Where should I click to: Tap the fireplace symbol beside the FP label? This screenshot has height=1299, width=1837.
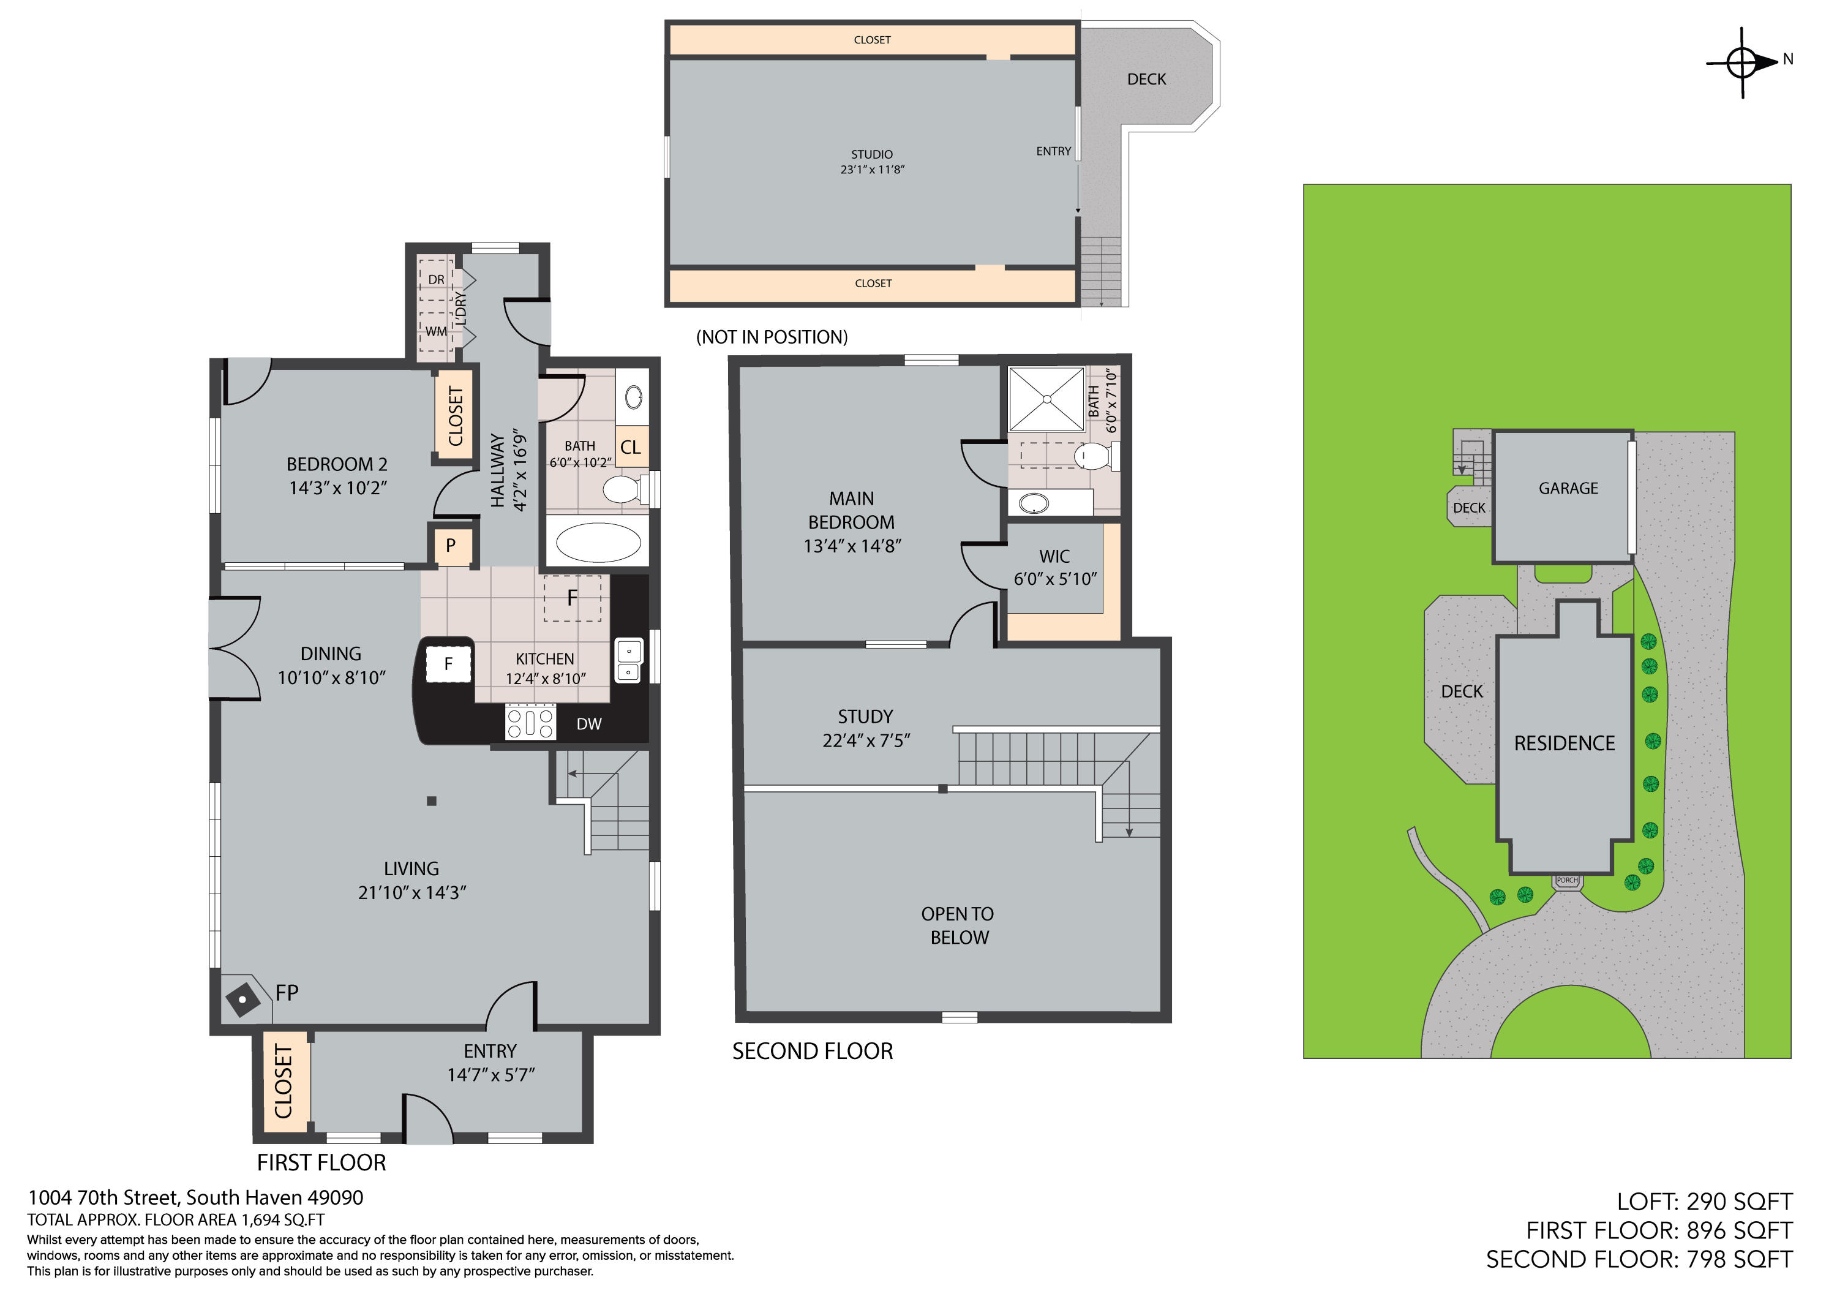[x=242, y=1000]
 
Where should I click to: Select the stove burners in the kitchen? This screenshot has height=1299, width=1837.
[x=530, y=723]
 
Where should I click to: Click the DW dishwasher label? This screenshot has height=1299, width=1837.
[x=589, y=725]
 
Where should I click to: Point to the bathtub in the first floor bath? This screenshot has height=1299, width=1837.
[x=598, y=543]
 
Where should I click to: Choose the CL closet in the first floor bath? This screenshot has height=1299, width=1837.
[x=631, y=448]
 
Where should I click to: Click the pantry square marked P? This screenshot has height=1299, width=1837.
[x=452, y=546]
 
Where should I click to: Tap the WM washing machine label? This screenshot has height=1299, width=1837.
[x=436, y=331]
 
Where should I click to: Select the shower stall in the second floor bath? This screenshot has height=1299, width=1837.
[x=1046, y=399]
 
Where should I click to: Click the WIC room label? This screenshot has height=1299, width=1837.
[x=1054, y=556]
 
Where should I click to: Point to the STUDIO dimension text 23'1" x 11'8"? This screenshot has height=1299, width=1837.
[x=872, y=170]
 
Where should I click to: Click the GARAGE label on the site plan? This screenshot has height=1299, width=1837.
[x=1568, y=488]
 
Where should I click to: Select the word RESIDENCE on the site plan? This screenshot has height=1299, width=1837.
[x=1564, y=744]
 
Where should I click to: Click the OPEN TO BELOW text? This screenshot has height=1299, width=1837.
[x=958, y=926]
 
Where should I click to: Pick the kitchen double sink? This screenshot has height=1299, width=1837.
[x=628, y=660]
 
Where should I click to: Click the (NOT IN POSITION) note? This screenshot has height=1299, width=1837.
[x=772, y=337]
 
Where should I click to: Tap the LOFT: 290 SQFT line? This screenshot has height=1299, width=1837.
[x=1704, y=1202]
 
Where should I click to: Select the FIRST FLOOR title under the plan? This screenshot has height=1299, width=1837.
[x=321, y=1162]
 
